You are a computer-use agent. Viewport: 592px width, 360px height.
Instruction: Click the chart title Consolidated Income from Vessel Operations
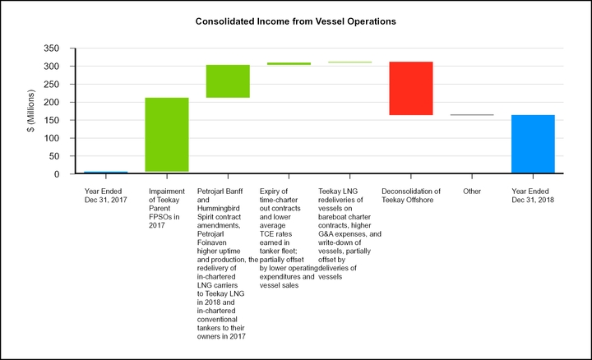(296, 19)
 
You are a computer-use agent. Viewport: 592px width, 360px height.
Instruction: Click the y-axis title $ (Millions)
(31, 111)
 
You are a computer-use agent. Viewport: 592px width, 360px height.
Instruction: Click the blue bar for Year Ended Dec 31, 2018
(533, 145)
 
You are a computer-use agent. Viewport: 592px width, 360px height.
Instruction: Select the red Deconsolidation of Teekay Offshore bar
(411, 88)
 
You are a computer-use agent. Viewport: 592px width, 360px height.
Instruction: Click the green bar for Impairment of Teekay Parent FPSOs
(167, 135)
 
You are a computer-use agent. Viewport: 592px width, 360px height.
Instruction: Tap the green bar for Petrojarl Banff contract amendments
(228, 81)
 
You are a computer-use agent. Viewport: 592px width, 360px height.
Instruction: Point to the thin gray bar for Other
(472, 115)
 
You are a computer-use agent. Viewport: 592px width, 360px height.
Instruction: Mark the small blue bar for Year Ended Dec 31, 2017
(106, 173)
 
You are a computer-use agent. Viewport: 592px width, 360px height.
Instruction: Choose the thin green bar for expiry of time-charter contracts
(289, 63)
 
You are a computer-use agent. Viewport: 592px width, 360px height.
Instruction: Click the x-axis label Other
(472, 191)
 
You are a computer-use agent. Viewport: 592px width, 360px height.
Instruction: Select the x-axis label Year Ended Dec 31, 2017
(106, 196)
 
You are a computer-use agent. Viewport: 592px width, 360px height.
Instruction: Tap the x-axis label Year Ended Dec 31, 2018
(533, 196)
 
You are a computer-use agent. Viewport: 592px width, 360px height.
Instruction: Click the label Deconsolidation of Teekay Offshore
(411, 196)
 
